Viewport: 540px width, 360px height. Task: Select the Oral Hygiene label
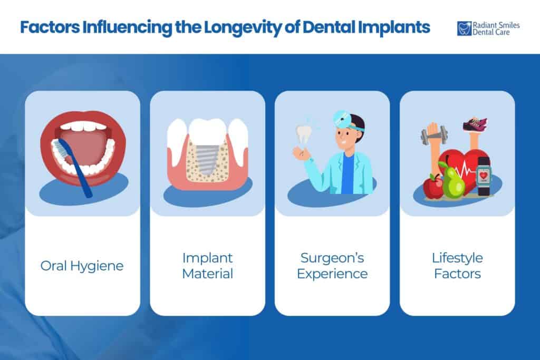[82, 266]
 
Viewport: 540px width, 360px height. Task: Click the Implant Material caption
[207, 266]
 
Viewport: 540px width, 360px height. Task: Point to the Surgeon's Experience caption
[332, 266]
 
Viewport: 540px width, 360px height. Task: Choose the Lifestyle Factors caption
[457, 266]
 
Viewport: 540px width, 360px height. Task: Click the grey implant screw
[208, 158]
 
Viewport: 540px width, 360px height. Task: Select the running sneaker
[475, 124]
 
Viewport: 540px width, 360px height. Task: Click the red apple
[433, 187]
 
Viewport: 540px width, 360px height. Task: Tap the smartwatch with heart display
[483, 175]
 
